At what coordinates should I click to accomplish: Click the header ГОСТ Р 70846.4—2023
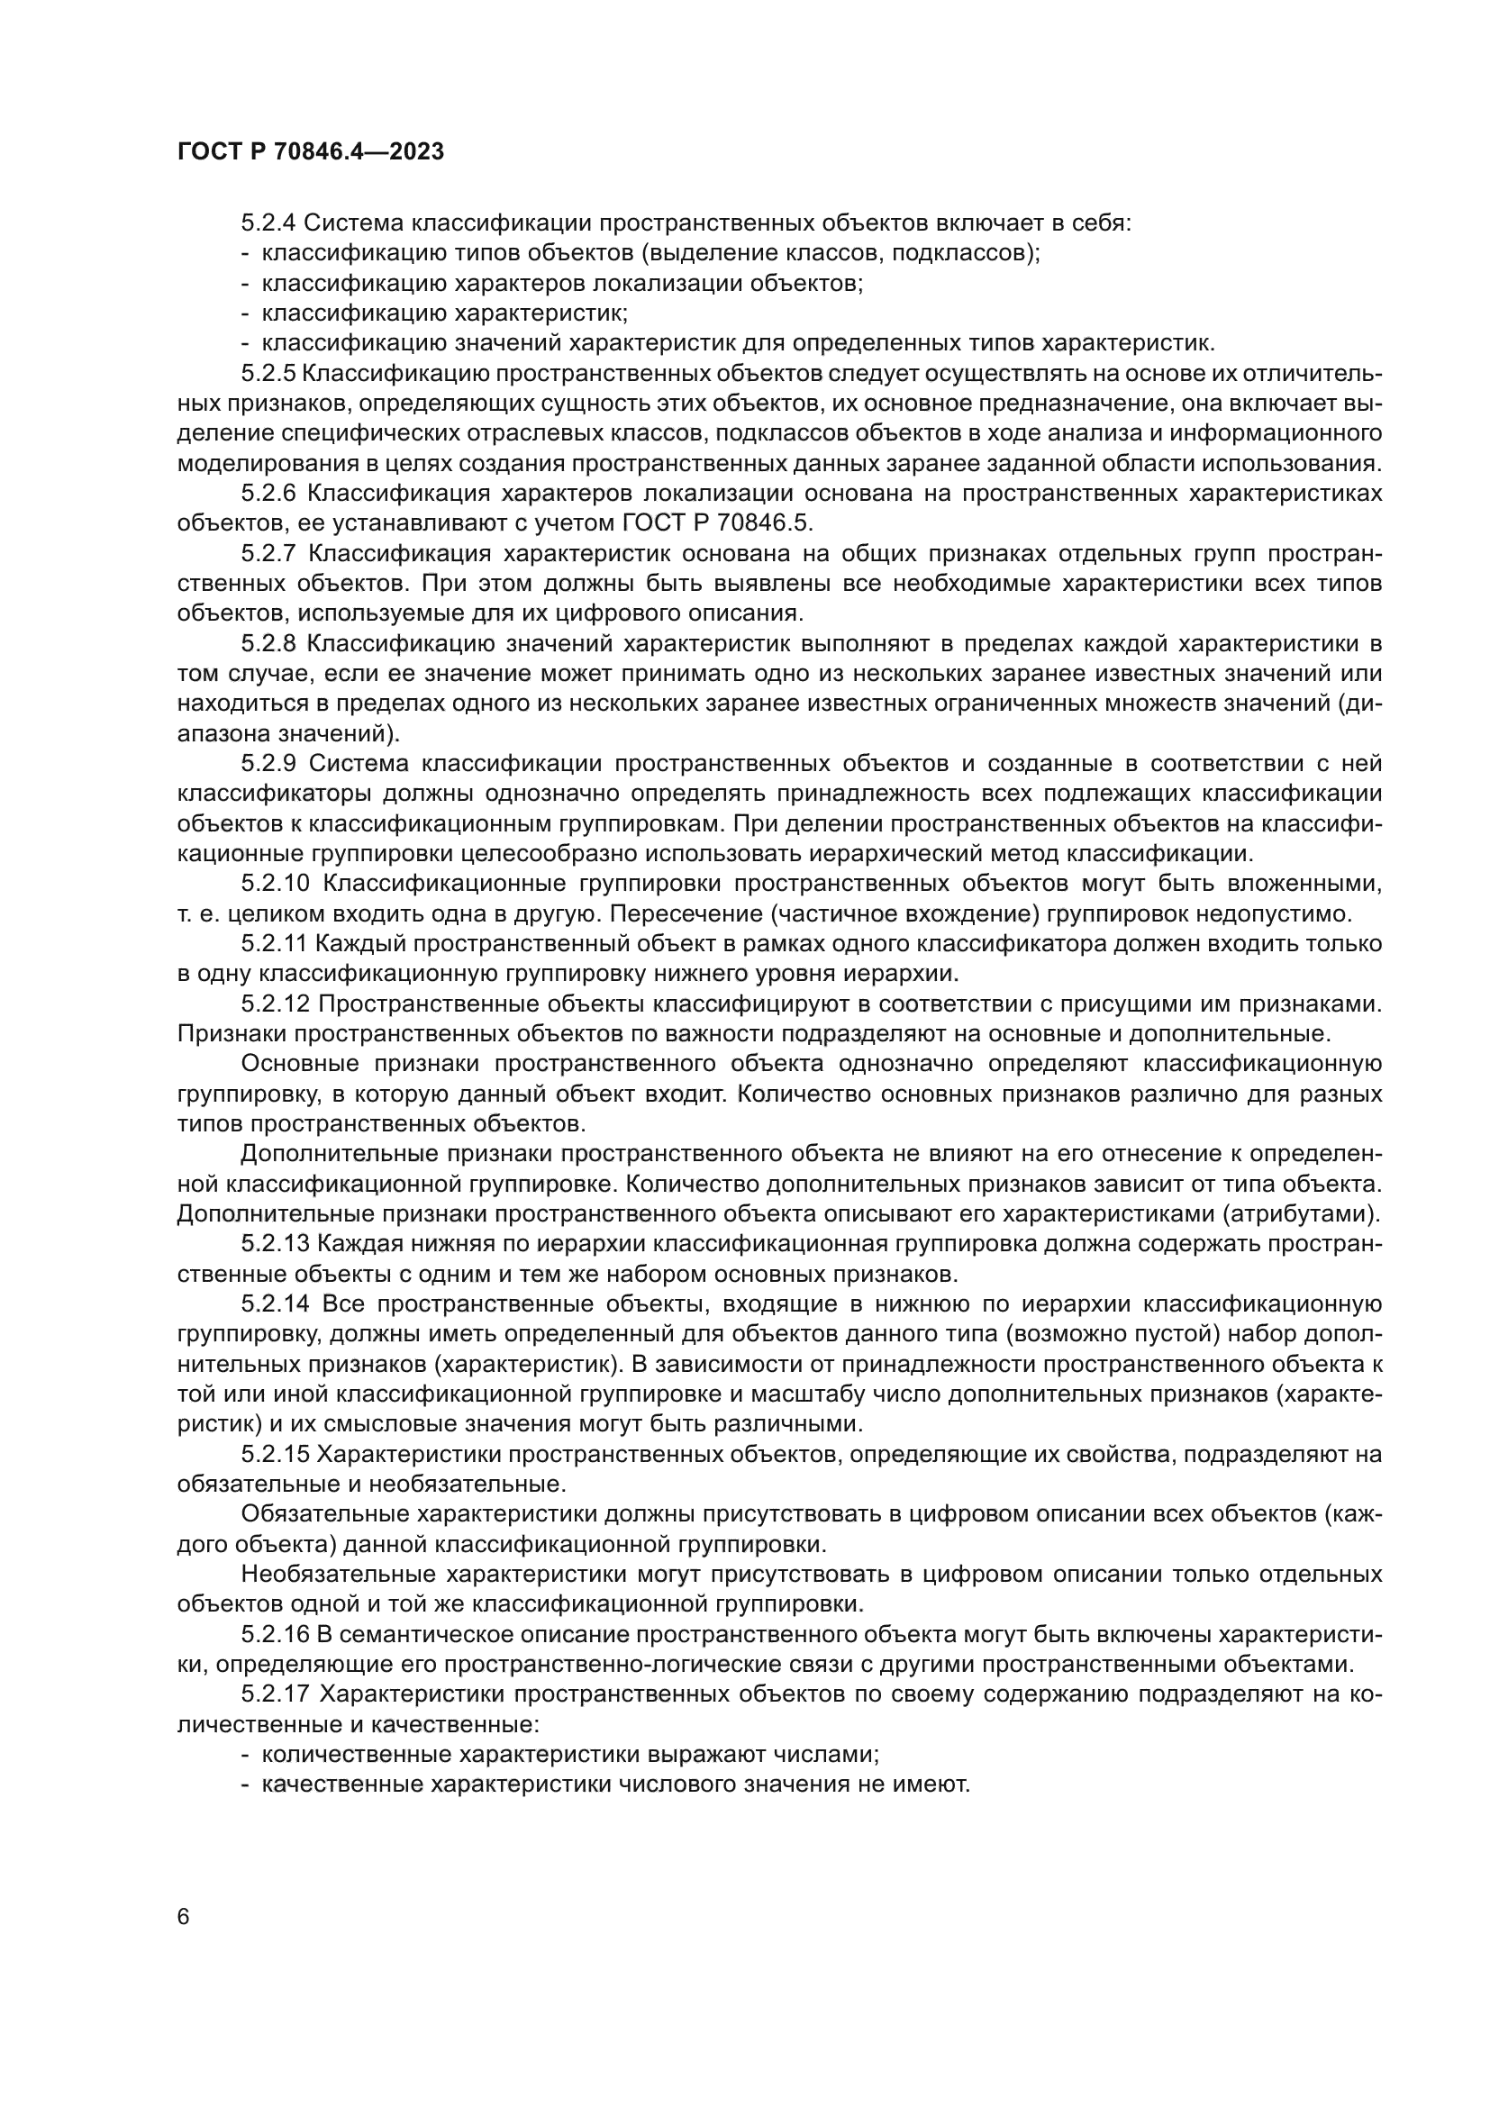click(310, 152)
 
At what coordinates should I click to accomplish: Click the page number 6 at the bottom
click(184, 1917)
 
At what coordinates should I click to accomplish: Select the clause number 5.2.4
click(268, 223)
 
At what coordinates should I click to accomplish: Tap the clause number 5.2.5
click(268, 374)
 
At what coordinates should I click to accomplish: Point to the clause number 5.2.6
click(268, 494)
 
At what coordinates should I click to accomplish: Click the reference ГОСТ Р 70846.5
click(717, 524)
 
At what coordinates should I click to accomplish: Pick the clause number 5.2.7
click(268, 554)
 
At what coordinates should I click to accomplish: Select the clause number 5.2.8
click(268, 644)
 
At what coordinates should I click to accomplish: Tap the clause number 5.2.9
click(268, 765)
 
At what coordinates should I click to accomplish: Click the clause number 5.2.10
click(277, 885)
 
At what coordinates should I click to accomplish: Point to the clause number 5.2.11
click(275, 944)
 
